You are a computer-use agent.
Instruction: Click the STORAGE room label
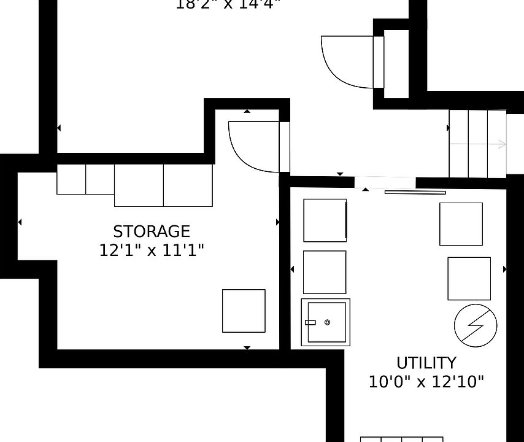click(152, 231)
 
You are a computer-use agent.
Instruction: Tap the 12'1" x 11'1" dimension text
click(152, 250)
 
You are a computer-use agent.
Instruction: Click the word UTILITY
click(426, 363)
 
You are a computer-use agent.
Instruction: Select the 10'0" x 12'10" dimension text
click(426, 382)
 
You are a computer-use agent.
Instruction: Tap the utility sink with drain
click(325, 322)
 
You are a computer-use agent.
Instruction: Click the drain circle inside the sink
click(327, 322)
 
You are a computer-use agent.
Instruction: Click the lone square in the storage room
click(244, 311)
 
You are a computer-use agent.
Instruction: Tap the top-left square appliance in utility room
click(325, 220)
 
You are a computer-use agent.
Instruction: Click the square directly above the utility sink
click(325, 272)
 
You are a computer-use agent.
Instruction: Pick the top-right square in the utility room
click(461, 223)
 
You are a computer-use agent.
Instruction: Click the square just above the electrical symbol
click(469, 278)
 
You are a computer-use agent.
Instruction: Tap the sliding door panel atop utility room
click(415, 192)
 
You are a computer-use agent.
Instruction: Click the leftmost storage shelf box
click(71, 179)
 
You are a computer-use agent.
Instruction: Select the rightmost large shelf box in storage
click(188, 185)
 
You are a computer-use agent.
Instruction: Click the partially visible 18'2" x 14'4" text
click(228, 5)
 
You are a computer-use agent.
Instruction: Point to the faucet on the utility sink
click(310, 322)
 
